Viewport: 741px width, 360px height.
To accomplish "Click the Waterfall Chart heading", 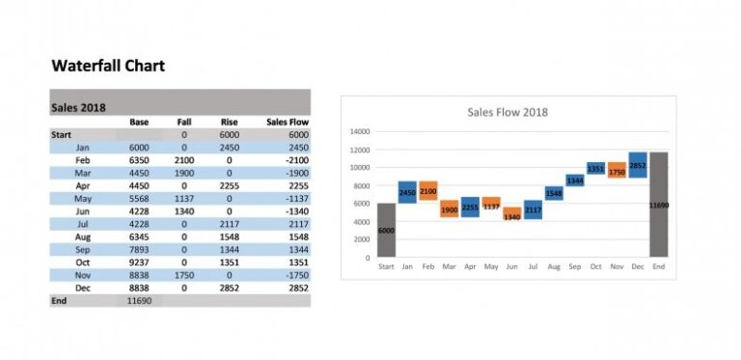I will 108,66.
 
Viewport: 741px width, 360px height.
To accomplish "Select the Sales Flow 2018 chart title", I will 508,112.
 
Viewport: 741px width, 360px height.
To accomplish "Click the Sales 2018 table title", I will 78,107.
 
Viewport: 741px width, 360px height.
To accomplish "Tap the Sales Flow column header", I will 287,122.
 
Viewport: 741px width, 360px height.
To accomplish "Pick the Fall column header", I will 184,122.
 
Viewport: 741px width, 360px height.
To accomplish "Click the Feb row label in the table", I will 83,159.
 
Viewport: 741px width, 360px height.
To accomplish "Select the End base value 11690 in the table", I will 140,301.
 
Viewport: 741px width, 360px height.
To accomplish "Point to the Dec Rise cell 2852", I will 230,288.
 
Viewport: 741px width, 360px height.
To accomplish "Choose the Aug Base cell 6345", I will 138,236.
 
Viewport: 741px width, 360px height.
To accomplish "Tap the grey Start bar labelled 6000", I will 386,230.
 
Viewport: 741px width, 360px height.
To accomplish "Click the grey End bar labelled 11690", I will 658,205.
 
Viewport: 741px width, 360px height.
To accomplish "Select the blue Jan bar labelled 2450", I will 407,192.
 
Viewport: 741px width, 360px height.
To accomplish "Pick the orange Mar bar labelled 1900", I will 449,208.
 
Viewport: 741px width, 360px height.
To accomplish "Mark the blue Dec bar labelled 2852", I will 638,165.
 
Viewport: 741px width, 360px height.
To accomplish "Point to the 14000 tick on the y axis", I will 360,131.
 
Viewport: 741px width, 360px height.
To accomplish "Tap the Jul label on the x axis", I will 533,266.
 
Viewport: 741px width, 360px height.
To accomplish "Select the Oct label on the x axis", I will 595,266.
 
